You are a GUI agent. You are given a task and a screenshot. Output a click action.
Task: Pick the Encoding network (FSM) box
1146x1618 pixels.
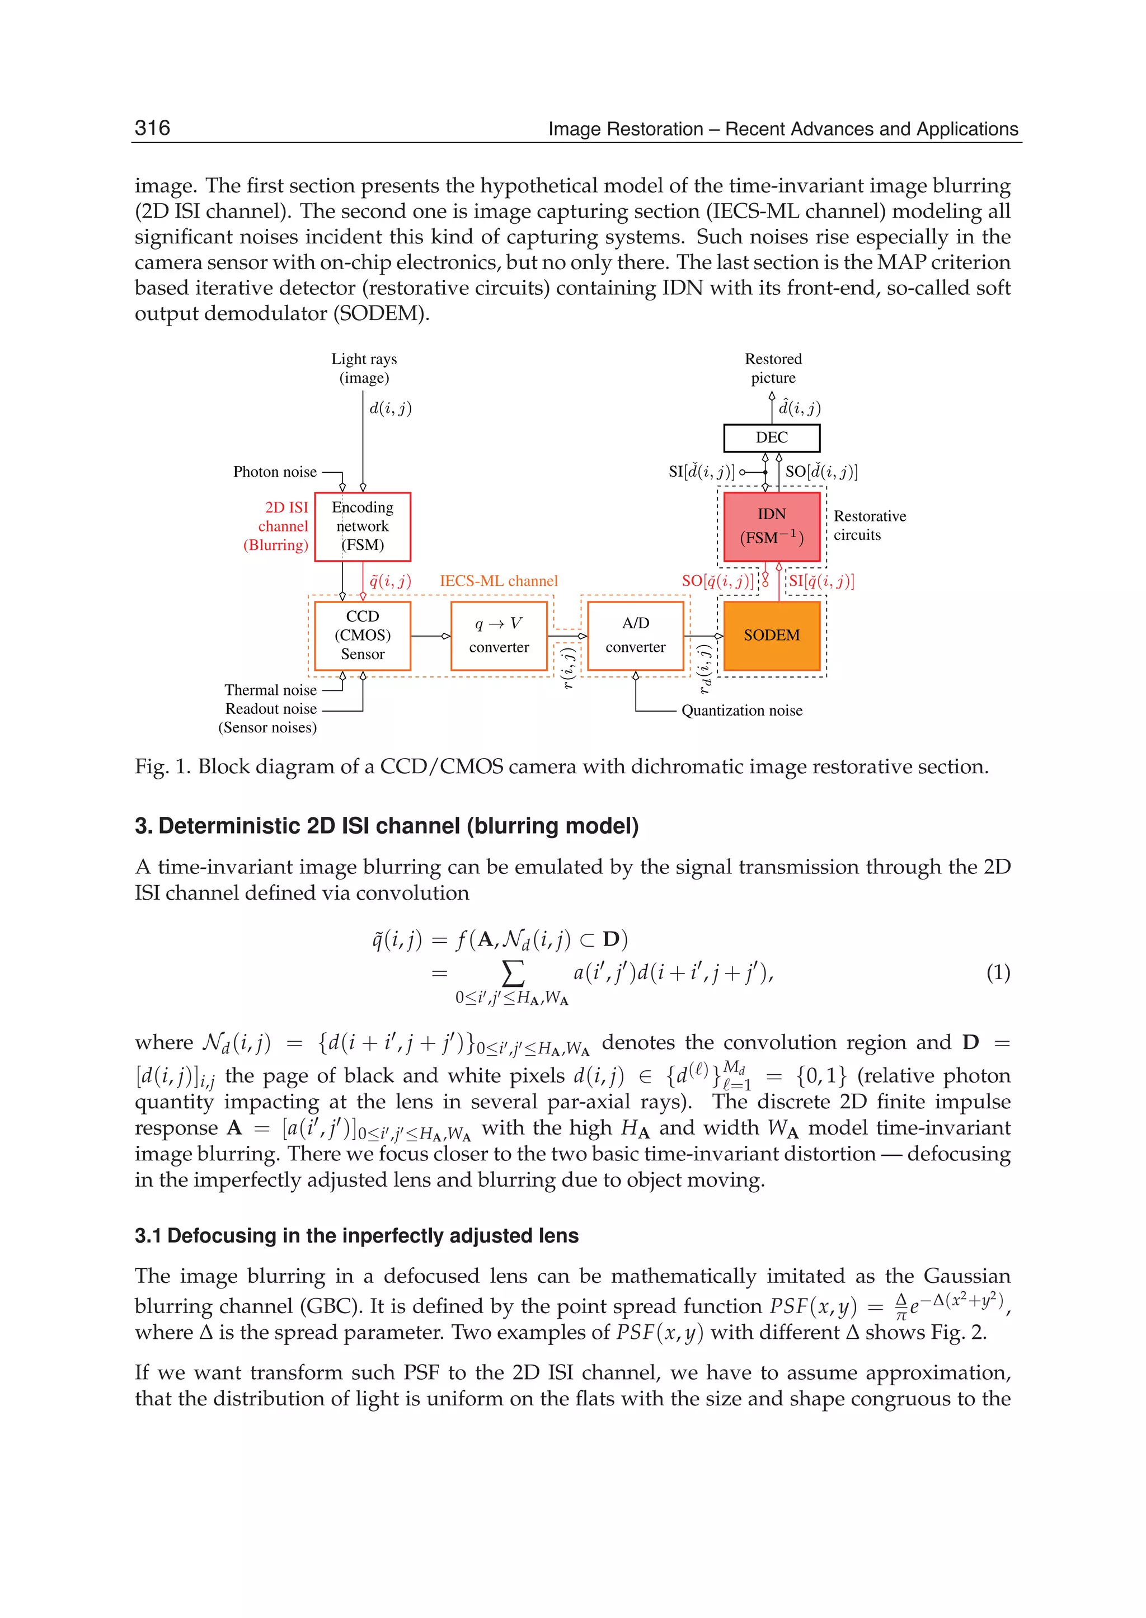[362, 526]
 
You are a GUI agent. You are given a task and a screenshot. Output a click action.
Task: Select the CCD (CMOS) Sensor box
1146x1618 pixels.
[362, 635]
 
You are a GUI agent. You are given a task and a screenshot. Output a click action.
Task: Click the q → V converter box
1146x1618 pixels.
[499, 635]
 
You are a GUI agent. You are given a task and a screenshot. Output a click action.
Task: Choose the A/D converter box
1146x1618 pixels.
[635, 635]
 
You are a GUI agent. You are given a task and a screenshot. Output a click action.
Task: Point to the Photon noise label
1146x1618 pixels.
[275, 472]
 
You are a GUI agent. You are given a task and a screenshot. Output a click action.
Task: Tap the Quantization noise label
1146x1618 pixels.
[741, 711]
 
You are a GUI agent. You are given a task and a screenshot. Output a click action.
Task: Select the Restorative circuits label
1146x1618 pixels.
[870, 526]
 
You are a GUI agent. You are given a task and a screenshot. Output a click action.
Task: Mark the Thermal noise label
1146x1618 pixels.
[270, 690]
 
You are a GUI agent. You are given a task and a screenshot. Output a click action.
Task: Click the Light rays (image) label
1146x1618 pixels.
[364, 368]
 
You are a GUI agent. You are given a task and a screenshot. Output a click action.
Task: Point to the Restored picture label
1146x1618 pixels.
[773, 368]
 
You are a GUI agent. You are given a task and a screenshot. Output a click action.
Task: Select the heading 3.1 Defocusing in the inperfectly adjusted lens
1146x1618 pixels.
[356, 1235]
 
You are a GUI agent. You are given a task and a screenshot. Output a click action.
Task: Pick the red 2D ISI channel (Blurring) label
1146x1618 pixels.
[276, 526]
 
